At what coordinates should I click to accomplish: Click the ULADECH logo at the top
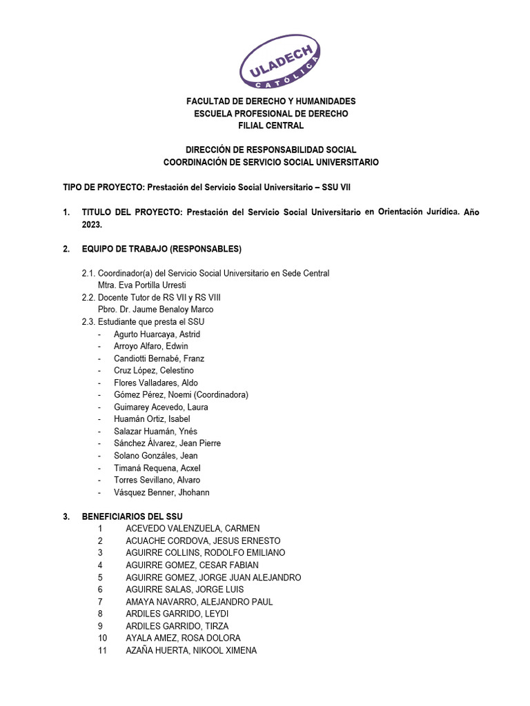pyautogui.click(x=279, y=61)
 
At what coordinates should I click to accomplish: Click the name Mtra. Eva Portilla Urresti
pyautogui.click(x=142, y=285)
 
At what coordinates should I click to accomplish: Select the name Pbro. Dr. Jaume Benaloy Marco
pyautogui.click(x=156, y=310)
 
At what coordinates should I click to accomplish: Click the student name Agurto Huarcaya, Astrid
pyautogui.click(x=157, y=334)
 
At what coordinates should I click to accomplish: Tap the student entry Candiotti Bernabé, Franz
pyautogui.click(x=159, y=359)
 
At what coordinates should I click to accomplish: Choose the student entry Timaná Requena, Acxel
pyautogui.click(x=157, y=467)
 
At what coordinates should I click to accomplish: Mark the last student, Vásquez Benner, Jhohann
pyautogui.click(x=161, y=492)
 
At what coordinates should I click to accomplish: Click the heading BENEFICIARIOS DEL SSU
pyautogui.click(x=132, y=516)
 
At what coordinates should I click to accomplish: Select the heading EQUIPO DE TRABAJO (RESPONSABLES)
pyautogui.click(x=161, y=248)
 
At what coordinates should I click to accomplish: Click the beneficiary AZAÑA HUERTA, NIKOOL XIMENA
pyautogui.click(x=190, y=650)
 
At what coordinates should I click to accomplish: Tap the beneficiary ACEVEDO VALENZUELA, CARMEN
pyautogui.click(x=192, y=528)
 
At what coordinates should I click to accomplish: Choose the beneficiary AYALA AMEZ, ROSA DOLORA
pyautogui.click(x=183, y=638)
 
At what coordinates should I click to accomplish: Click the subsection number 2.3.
pyautogui.click(x=88, y=321)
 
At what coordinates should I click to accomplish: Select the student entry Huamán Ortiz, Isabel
pyautogui.click(x=152, y=418)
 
